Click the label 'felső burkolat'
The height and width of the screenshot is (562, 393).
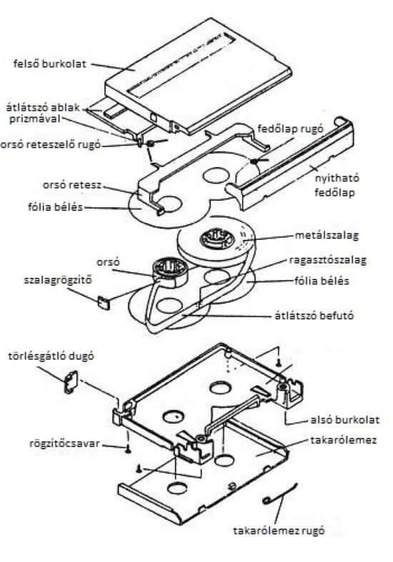pos(50,64)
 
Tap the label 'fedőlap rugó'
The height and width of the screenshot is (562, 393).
pos(290,129)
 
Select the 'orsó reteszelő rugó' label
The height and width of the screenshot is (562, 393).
pos(51,145)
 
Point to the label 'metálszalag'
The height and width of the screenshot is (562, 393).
pos(327,236)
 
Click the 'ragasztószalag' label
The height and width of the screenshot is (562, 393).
pos(328,260)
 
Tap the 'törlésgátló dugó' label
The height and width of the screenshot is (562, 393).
pos(51,356)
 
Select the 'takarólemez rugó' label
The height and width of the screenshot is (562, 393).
pos(279,531)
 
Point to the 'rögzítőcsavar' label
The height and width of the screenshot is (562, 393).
pos(64,443)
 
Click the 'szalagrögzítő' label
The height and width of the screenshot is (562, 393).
pos(58,279)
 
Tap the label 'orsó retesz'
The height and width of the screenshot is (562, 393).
pos(72,185)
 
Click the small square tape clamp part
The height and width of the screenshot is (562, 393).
pos(104,302)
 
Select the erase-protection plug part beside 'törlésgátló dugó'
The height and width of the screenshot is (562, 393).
pos(71,382)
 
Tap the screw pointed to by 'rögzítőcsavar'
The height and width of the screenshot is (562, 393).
pos(128,448)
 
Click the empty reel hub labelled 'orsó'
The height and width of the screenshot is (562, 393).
pos(169,271)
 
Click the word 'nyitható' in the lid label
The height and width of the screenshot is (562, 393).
pos(337,179)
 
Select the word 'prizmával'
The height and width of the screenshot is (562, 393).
pos(35,119)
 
